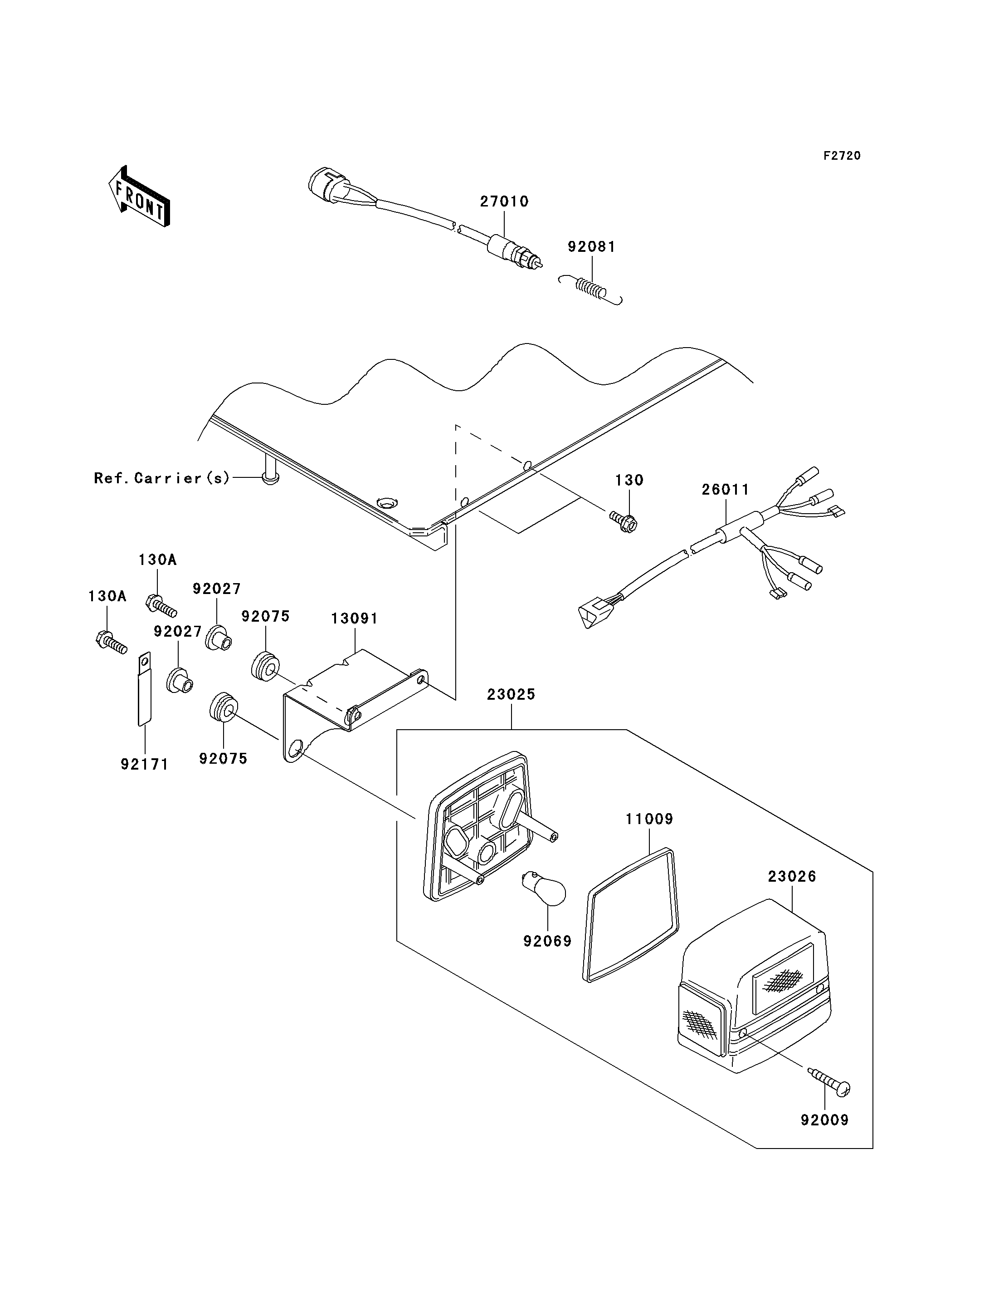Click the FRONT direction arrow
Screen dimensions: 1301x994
[x=140, y=197]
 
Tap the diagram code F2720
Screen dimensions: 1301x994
[x=842, y=156]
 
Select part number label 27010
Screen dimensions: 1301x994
[x=504, y=201]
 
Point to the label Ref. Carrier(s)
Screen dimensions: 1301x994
[x=161, y=478]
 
